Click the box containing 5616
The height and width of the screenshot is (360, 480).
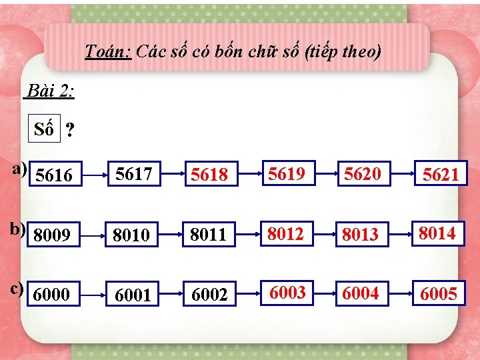[55, 175]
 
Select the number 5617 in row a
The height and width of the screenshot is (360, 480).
[133, 175]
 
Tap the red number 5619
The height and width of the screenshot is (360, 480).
[287, 174]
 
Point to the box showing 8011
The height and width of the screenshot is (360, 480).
[209, 235]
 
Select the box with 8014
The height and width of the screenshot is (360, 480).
[437, 233]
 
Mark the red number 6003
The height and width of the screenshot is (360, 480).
[287, 293]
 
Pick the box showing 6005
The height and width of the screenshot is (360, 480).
[439, 294]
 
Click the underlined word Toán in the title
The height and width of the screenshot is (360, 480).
[109, 52]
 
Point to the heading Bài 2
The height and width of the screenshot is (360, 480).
[50, 91]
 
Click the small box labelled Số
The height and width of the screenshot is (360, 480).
[44, 129]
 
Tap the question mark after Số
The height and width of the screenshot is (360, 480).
[69, 131]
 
